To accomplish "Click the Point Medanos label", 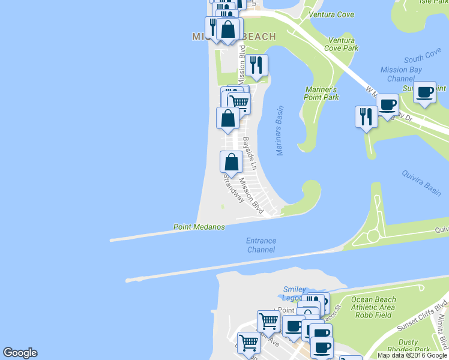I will tap(199, 227).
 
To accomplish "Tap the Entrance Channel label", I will tap(261, 245).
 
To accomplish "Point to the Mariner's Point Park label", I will tap(321, 93).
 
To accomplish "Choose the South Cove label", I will tap(423, 58).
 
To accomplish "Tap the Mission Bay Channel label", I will tap(401, 74).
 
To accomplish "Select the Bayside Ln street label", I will tap(250, 153).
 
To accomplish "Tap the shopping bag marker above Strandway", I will tap(231, 162).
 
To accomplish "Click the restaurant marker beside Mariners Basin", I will tap(256, 66).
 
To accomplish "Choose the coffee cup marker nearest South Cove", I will tap(424, 93).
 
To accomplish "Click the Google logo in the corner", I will tap(20, 353).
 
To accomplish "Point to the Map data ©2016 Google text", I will tap(412, 355).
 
